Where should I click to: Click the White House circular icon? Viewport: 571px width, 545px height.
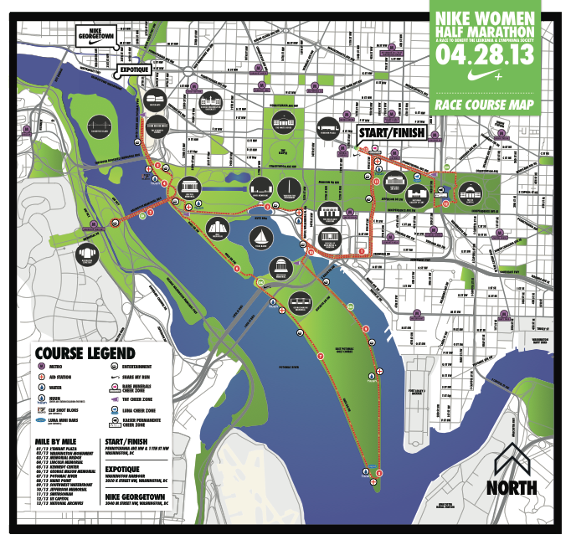284,120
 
